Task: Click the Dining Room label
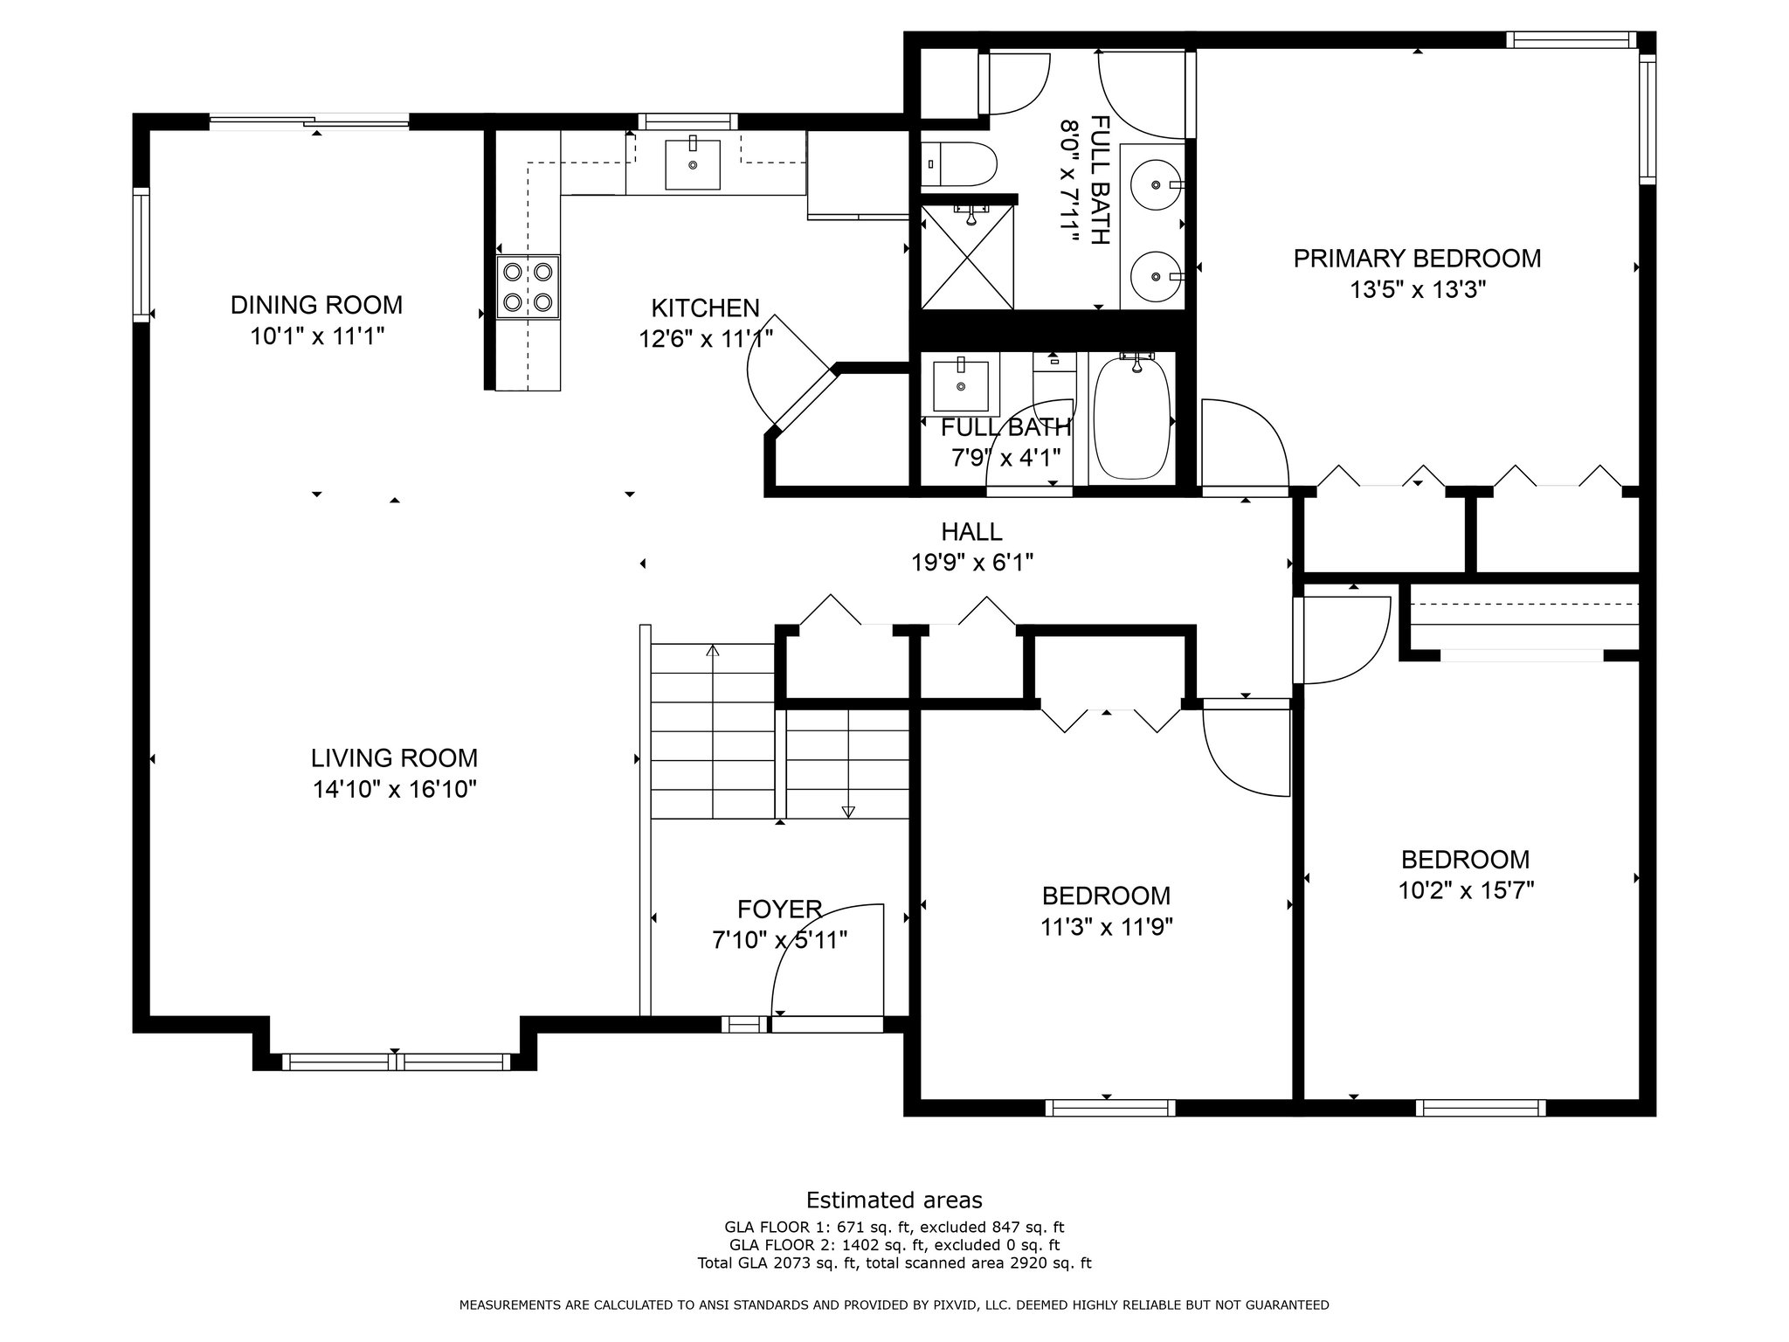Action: [x=316, y=305]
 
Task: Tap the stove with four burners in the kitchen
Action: [x=528, y=287]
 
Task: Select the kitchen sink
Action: [x=693, y=164]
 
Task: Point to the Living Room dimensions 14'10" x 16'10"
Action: [x=395, y=790]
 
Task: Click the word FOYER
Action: [x=779, y=910]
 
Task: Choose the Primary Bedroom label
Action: [x=1417, y=259]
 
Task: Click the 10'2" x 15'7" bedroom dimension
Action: [x=1465, y=891]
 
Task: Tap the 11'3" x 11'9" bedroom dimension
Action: [x=1106, y=927]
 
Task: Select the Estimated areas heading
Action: [x=894, y=1200]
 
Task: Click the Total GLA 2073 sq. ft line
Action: [x=894, y=1262]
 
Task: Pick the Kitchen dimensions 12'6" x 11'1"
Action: [x=706, y=339]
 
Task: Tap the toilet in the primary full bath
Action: [x=959, y=164]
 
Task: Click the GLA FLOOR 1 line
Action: [x=894, y=1227]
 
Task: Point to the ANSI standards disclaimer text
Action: [x=894, y=1305]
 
